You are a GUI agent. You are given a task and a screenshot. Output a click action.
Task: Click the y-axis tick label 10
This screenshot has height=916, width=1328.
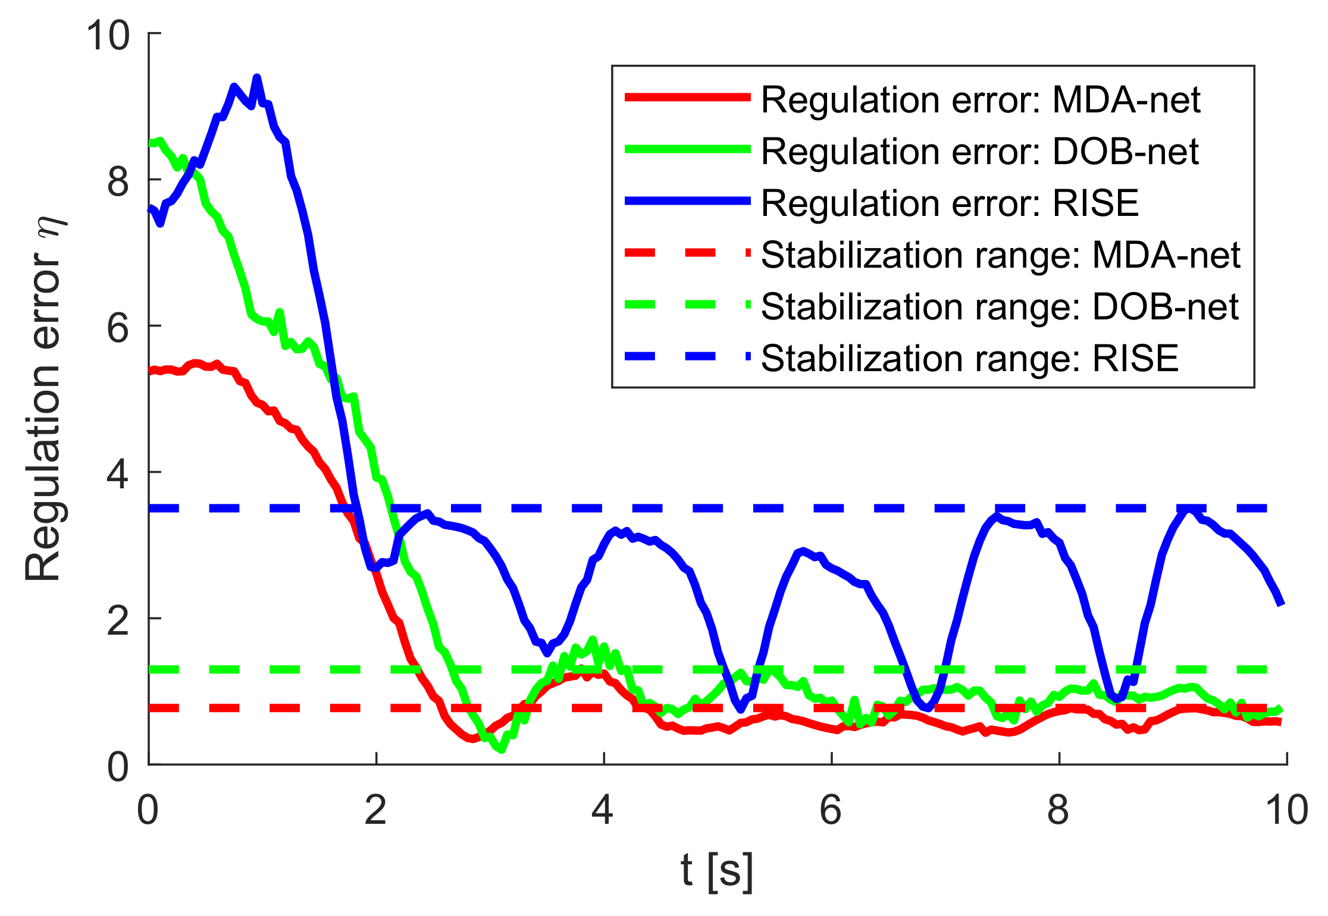[x=108, y=35]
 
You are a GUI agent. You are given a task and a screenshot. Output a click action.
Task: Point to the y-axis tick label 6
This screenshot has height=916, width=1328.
[x=118, y=327]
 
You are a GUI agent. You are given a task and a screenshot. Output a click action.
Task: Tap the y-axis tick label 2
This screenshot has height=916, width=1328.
[x=118, y=620]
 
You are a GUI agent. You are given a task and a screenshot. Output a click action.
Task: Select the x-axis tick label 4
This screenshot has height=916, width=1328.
[x=603, y=810]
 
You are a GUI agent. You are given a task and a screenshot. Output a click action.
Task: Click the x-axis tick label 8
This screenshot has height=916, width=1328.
[x=1058, y=810]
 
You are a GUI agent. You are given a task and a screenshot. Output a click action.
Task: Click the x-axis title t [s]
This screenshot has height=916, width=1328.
[x=717, y=870]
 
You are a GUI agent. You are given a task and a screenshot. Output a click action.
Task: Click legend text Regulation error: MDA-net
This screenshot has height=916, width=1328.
[x=980, y=99]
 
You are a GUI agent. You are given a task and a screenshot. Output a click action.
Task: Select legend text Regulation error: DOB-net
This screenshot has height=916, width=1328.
[x=979, y=151]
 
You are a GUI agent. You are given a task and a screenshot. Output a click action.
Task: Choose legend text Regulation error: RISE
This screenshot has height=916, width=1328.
[x=950, y=203]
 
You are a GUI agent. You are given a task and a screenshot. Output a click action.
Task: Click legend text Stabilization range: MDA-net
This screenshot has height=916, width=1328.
[x=1000, y=255]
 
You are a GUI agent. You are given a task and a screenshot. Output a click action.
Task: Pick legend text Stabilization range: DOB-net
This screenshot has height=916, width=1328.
[x=1000, y=306]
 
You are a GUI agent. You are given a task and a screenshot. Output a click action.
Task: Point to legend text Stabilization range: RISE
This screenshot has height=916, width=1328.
[x=970, y=358]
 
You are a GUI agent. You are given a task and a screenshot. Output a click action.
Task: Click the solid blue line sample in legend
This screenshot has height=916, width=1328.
[x=687, y=202]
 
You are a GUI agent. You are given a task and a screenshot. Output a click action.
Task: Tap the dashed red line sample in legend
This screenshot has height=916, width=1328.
[x=687, y=253]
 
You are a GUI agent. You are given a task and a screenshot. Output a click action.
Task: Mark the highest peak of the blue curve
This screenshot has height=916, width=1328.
[x=257, y=78]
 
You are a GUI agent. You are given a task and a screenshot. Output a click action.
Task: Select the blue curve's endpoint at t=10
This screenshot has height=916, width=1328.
[x=1282, y=604]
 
